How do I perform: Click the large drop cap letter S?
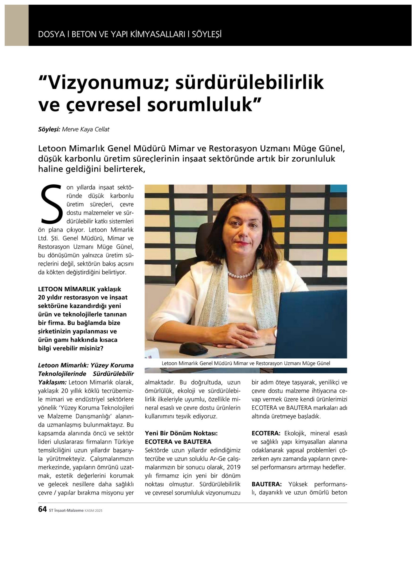pyautogui.click(x=52, y=205)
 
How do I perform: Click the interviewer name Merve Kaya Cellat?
pyautogui.click(x=86, y=129)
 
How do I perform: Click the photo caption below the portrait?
pyautogui.click(x=246, y=363)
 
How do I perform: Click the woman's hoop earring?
pyautogui.click(x=260, y=246)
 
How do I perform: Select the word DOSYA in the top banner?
pyautogui.click(x=51, y=34)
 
